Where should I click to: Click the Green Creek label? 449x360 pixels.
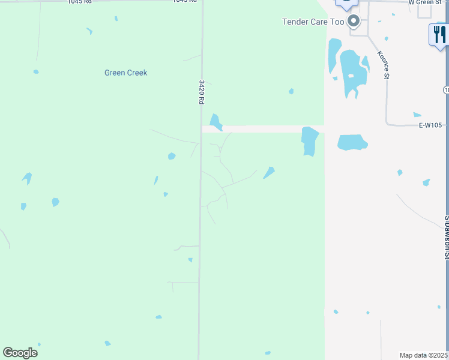point(125,73)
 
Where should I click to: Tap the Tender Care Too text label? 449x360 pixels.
point(313,22)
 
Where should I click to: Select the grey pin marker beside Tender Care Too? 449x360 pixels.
point(354,22)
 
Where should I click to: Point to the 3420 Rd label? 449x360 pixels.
point(202,92)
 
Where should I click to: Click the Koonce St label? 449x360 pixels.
point(383,65)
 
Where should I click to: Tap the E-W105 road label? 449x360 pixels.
point(430,125)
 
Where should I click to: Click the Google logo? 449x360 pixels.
point(20,352)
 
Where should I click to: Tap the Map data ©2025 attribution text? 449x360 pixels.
point(424,355)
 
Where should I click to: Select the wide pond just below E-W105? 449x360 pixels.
point(352,142)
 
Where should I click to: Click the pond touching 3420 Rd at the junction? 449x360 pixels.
point(215,121)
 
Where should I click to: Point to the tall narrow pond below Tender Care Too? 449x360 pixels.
point(334,55)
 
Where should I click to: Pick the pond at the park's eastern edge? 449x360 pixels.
point(309,141)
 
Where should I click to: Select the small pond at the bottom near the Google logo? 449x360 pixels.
point(107,343)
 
